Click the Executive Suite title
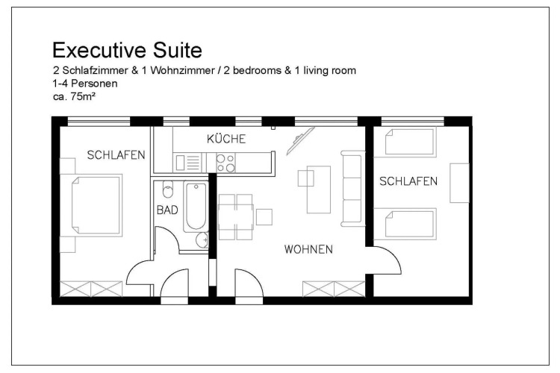(x=127, y=50)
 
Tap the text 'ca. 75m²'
(x=74, y=96)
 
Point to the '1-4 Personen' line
(x=85, y=84)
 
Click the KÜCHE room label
(x=226, y=139)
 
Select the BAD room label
(x=167, y=210)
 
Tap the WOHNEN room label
(x=308, y=249)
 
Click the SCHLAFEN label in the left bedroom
(x=116, y=155)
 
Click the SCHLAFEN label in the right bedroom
(x=408, y=181)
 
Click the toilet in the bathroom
(x=167, y=189)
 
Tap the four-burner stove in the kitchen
(x=225, y=163)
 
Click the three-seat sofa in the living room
(x=353, y=189)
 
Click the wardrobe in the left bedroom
(x=91, y=289)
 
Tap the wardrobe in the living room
(x=334, y=289)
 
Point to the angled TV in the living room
(x=300, y=141)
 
